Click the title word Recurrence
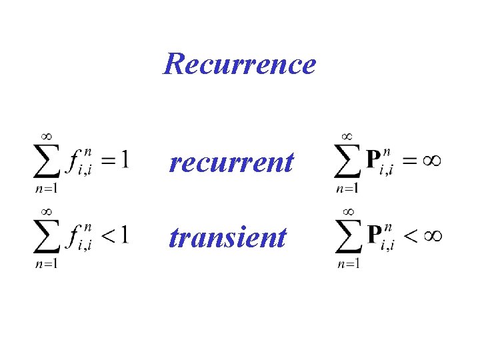(239, 64)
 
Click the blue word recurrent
(231, 162)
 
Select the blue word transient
(228, 237)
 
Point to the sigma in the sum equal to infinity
(348, 162)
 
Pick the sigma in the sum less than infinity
(348, 238)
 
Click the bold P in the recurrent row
(374, 159)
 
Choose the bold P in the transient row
(374, 235)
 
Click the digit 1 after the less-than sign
(124, 235)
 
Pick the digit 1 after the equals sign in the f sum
(124, 159)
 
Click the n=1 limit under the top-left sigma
(47, 188)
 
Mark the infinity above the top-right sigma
(347, 136)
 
